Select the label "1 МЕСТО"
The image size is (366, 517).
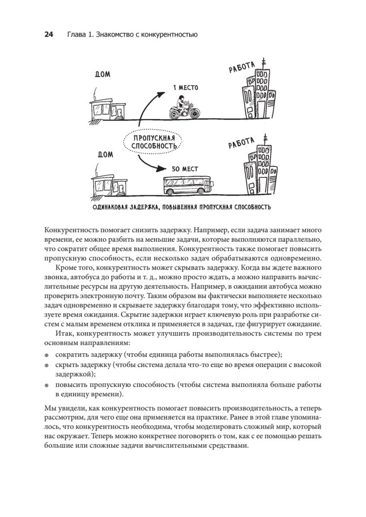point(185,88)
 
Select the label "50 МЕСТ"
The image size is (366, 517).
point(185,169)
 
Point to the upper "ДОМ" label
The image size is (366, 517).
point(102,74)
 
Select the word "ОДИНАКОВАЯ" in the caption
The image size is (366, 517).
point(111,208)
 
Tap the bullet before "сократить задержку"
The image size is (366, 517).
point(47,355)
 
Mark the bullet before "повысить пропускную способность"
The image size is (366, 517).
point(47,385)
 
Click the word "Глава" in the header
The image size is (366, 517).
point(75,35)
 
